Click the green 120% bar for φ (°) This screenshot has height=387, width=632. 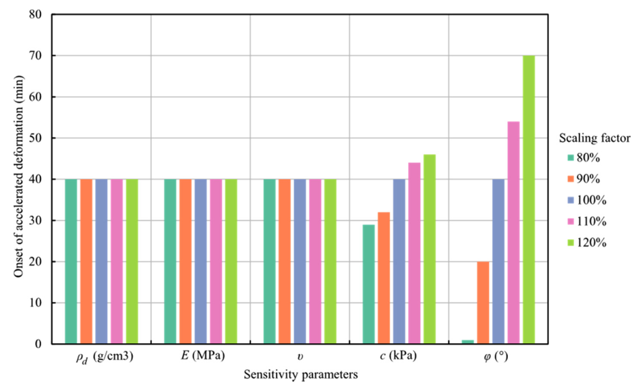click(x=529, y=199)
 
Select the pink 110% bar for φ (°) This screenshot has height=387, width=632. click(x=513, y=232)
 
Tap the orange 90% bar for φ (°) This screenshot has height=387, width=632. click(x=483, y=303)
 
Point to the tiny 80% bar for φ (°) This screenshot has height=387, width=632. click(x=468, y=342)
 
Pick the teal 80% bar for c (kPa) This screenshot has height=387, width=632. click(x=368, y=284)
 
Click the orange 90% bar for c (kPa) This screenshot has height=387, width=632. click(x=384, y=278)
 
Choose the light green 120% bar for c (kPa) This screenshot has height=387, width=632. click(x=429, y=249)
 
